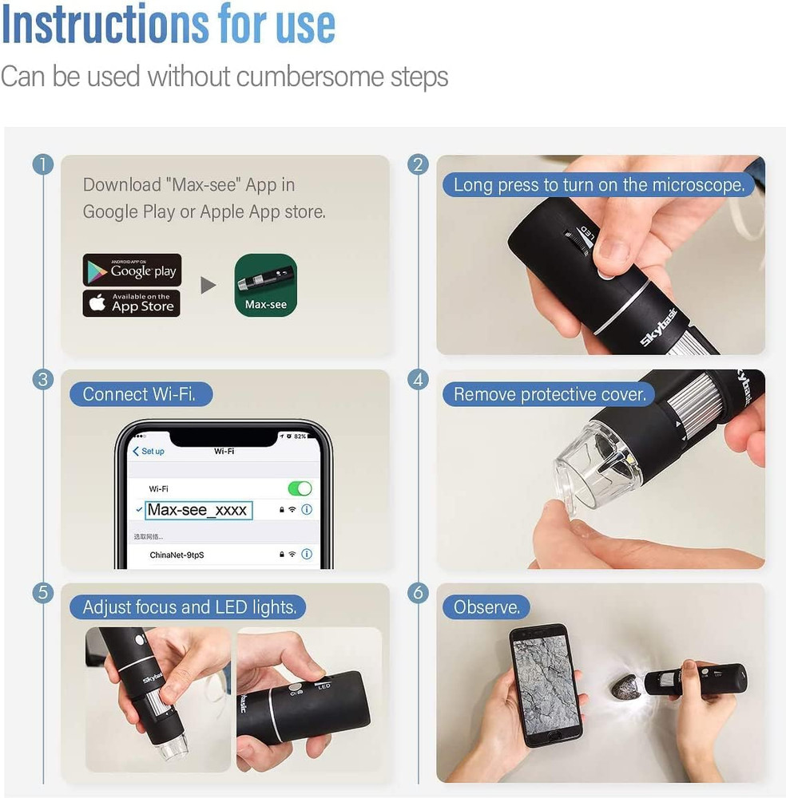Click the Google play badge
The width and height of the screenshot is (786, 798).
(x=132, y=271)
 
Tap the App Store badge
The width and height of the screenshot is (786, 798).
(x=132, y=303)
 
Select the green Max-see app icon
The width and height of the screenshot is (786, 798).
(x=266, y=285)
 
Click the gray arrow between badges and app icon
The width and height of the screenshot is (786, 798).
(x=208, y=285)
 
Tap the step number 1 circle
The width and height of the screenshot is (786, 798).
(x=42, y=165)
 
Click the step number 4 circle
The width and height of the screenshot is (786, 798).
(x=418, y=380)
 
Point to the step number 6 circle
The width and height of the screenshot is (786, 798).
(x=418, y=593)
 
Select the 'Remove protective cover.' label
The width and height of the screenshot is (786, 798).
(x=549, y=394)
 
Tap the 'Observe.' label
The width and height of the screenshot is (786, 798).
(x=486, y=607)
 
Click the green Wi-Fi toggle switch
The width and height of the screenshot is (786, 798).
(x=300, y=488)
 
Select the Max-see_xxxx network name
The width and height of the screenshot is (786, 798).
(x=198, y=510)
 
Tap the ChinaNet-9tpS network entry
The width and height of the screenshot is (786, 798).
(x=177, y=554)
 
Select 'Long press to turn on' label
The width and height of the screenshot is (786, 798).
(x=598, y=185)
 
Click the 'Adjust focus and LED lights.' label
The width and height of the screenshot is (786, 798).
(x=189, y=607)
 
